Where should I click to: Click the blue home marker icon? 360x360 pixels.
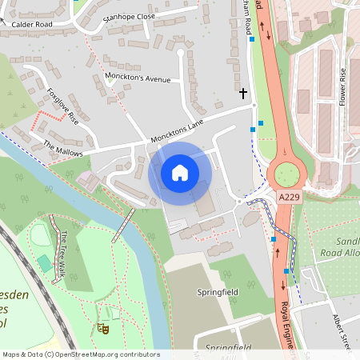pos(180,173)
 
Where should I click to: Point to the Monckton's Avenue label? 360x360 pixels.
pos(138,78)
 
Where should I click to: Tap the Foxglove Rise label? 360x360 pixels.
pos(63,106)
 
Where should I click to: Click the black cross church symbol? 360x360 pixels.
pos(243,94)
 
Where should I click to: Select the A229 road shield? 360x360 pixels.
pos(290,196)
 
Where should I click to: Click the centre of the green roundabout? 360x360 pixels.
pos(286,173)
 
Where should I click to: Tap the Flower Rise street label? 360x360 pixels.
pos(343,86)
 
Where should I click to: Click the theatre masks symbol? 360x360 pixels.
pos(102,328)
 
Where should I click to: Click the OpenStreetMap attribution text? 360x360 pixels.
pos(80,354)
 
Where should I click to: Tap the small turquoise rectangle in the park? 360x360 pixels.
pos(42,262)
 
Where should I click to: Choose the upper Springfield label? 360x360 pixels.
pos(218,293)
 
